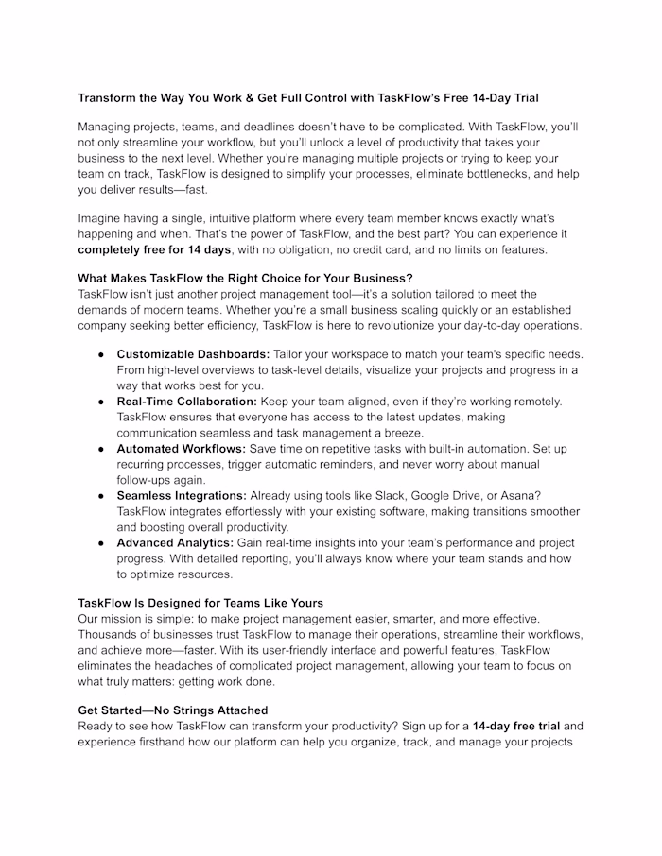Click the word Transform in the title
pos(109,97)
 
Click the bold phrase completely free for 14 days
pos(154,249)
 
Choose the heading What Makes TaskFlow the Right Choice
pos(245,279)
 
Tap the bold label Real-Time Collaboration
pos(186,402)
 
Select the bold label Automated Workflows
pos(181,449)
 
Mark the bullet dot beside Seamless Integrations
pos(100,496)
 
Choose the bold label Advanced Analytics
pos(175,543)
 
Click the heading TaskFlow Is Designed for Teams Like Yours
pos(200,603)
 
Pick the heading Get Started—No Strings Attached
pos(172,710)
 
